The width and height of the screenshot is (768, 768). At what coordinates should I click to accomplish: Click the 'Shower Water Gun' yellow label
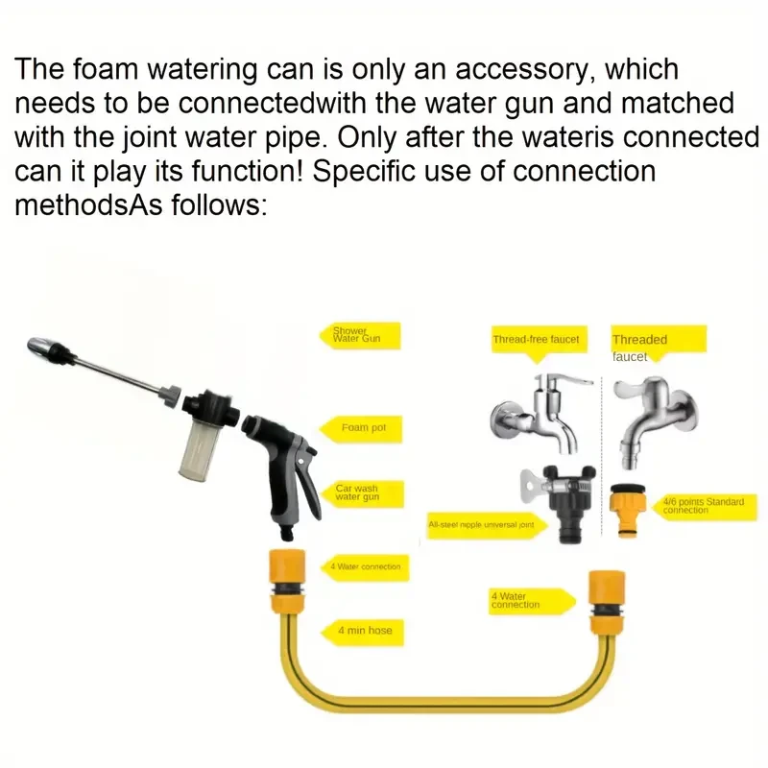(356, 335)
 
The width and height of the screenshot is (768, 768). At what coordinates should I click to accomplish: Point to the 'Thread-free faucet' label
(536, 340)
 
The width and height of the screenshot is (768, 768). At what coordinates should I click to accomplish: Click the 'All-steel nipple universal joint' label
(486, 525)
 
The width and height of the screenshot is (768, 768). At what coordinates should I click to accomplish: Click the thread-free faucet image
(538, 413)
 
